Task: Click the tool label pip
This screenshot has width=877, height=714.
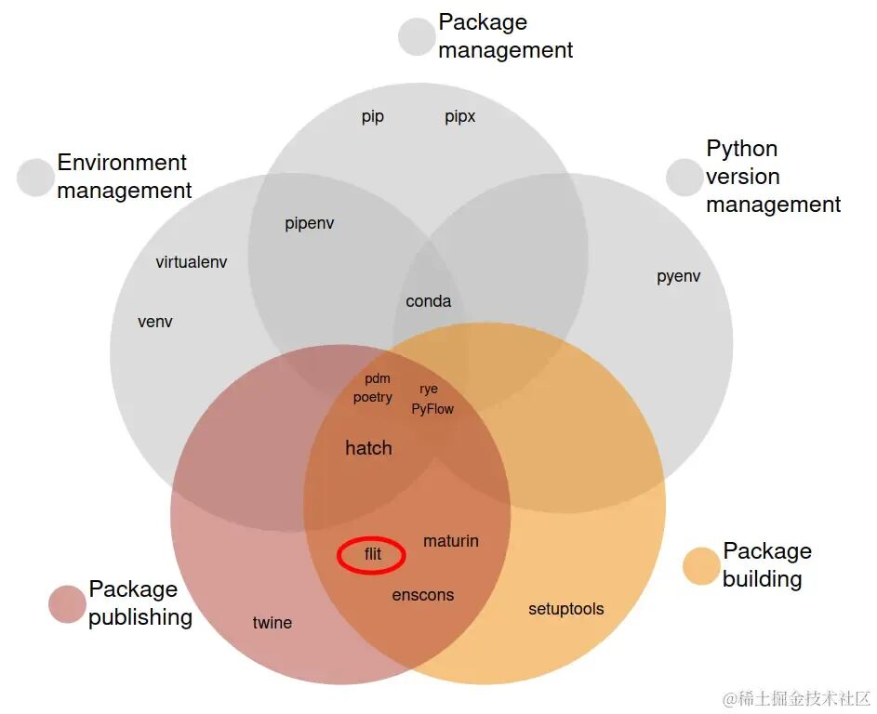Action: click(x=373, y=117)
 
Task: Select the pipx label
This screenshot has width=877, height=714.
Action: click(x=460, y=117)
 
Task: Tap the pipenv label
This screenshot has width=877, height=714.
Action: click(x=310, y=224)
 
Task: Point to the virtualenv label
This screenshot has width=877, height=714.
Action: click(x=192, y=262)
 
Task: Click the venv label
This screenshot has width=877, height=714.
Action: click(x=155, y=323)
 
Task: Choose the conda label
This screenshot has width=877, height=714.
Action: click(x=429, y=301)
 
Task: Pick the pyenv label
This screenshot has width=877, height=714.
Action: click(x=679, y=277)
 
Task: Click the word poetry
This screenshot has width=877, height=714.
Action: click(x=373, y=398)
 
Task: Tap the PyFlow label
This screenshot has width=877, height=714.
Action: click(x=432, y=409)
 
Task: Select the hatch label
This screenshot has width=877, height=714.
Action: click(x=368, y=448)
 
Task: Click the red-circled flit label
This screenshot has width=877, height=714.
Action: click(x=372, y=556)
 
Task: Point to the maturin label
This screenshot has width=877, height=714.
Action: click(x=451, y=541)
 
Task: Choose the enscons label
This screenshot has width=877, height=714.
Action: click(x=423, y=595)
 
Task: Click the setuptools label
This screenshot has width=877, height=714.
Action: click(x=566, y=609)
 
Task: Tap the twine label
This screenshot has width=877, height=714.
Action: click(x=272, y=623)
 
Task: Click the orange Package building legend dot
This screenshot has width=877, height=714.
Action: click(x=701, y=566)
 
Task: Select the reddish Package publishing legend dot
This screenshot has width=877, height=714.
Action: click(x=67, y=604)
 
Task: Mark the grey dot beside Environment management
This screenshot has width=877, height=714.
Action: click(x=35, y=178)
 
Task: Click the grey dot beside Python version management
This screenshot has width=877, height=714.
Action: click(x=684, y=178)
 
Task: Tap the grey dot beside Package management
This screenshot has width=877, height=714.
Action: click(x=417, y=37)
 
